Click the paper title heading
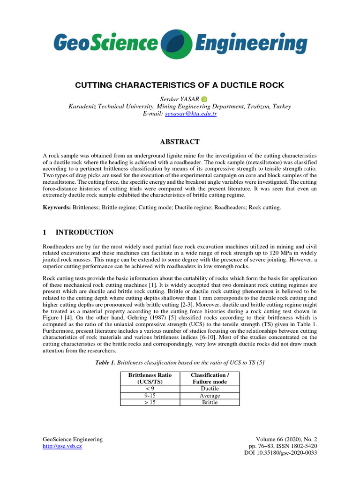coord(180,86)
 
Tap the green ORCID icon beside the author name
coord(204,99)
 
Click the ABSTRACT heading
coord(180,142)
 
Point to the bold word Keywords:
coord(56,207)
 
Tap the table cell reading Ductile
coord(210,389)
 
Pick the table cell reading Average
coord(210,396)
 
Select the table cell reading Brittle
coord(210,402)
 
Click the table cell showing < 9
coord(150,389)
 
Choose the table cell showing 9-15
coord(150,396)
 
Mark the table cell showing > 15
coord(150,402)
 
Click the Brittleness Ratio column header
coord(150,378)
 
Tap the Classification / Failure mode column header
coord(210,378)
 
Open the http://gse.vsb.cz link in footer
coord(62,447)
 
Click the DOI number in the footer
coord(281,454)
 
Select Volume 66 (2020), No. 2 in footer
coord(284,439)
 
